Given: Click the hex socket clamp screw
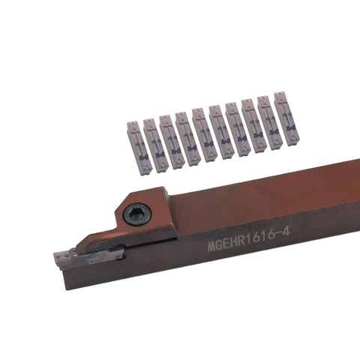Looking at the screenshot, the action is tap(137, 214).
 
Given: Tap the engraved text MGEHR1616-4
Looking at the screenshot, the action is tap(249, 239).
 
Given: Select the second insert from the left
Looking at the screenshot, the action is tap(154, 145).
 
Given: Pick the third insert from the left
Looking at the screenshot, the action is tap(171, 142).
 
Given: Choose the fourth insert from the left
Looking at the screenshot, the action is tap(187, 139).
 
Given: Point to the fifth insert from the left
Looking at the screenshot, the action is tap(204, 135).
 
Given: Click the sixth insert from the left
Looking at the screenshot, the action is tap(220, 132).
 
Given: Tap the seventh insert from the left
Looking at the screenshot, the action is tap(237, 129).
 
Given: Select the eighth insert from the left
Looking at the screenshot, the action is tap(253, 126).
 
